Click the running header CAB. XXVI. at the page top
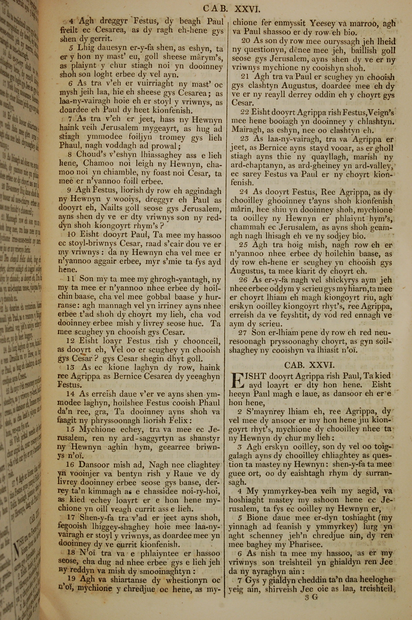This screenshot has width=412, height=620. pyautogui.click(x=232, y=9)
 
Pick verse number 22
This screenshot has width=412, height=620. pyautogui.click(x=244, y=112)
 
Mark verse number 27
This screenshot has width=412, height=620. pyautogui.click(x=242, y=333)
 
